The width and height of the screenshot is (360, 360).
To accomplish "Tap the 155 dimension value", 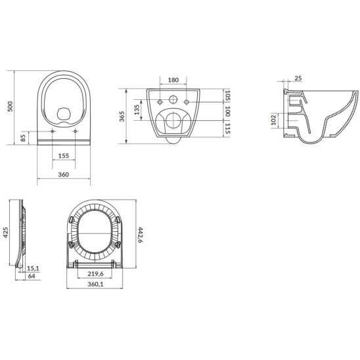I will point(64,156).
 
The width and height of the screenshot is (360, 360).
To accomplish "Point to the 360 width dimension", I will point(64,174).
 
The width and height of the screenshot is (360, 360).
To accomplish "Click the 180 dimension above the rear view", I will point(173,79).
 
